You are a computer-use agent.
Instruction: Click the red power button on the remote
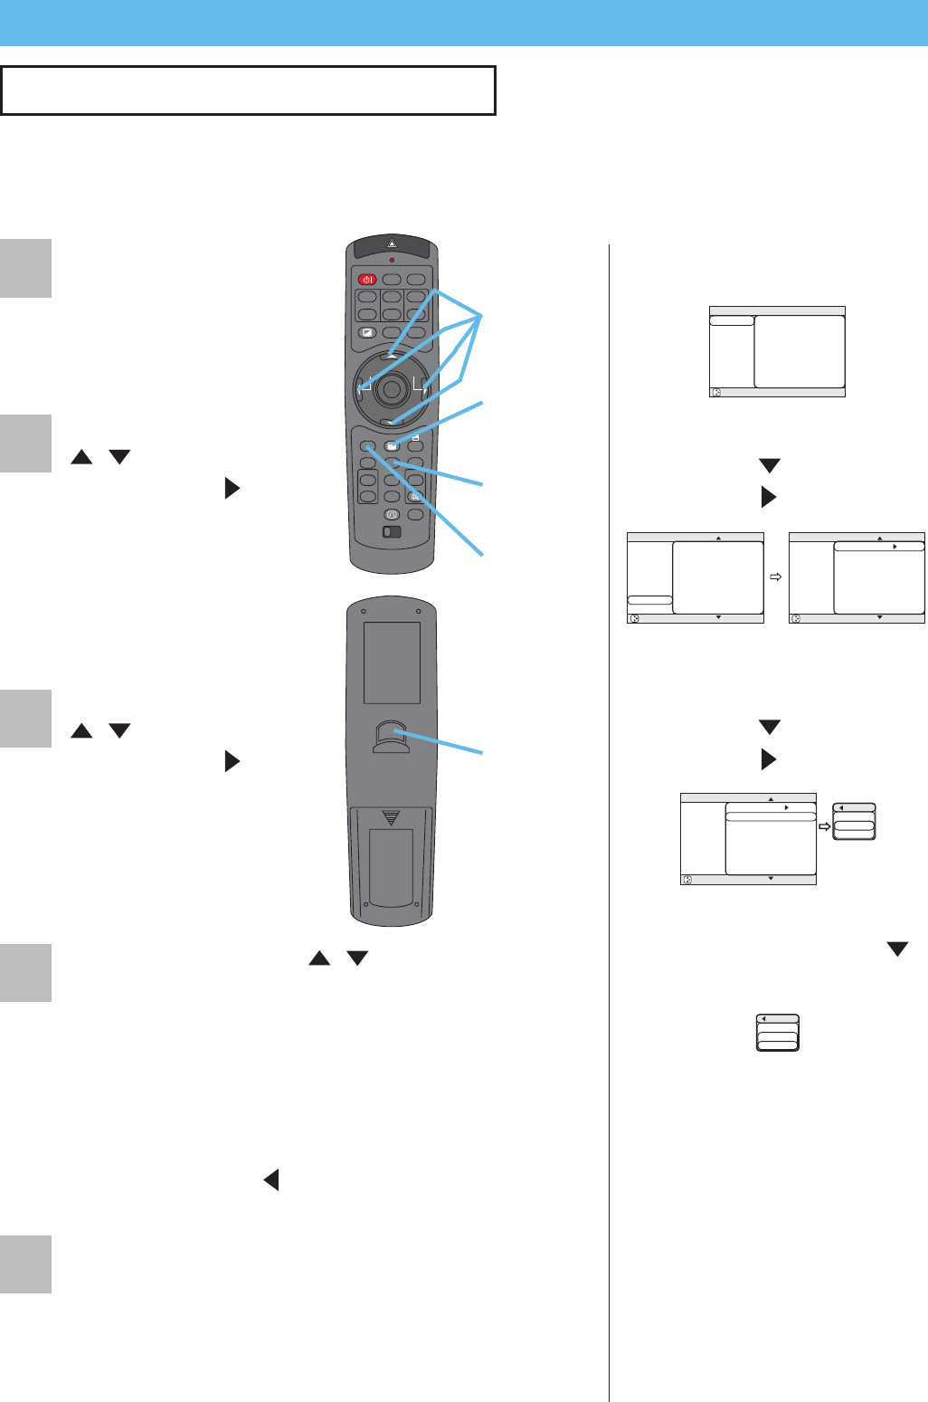pyautogui.click(x=366, y=280)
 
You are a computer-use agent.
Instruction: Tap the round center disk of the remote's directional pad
pyautogui.click(x=392, y=389)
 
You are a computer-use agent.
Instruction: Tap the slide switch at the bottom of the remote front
pyautogui.click(x=391, y=532)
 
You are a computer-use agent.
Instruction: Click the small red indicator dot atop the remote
pyautogui.click(x=392, y=258)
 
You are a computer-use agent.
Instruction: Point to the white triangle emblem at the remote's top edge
pyautogui.click(x=392, y=243)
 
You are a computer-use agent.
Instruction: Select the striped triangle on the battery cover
pyautogui.click(x=391, y=817)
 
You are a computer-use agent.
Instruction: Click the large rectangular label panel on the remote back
pyautogui.click(x=392, y=663)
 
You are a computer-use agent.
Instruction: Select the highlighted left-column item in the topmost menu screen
pyautogui.click(x=732, y=320)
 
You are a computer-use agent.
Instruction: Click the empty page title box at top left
pyautogui.click(x=248, y=90)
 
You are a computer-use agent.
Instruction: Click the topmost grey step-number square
pyautogui.click(x=25, y=268)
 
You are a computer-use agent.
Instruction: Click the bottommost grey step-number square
pyautogui.click(x=25, y=1264)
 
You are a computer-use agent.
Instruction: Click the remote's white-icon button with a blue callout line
pyautogui.click(x=392, y=445)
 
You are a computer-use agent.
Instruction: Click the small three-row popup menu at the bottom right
pyautogui.click(x=777, y=1032)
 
